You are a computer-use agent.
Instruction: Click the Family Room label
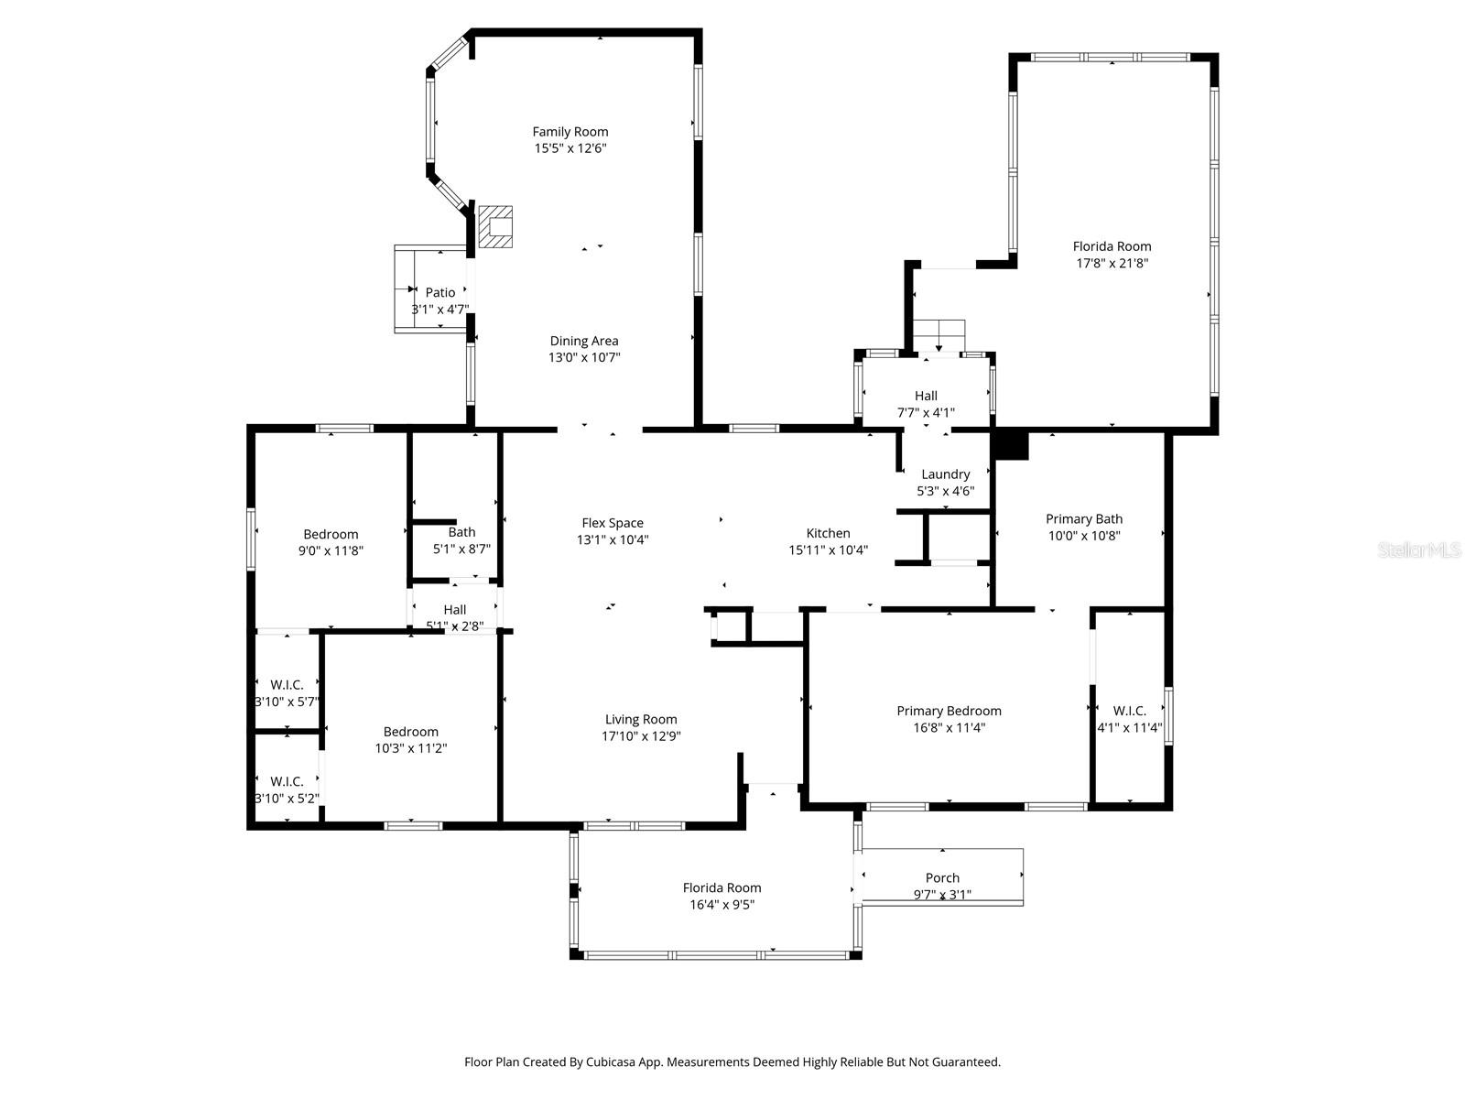[x=570, y=132]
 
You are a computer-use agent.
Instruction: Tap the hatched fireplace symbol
[x=495, y=227]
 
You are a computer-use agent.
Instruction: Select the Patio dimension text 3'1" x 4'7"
[x=440, y=310]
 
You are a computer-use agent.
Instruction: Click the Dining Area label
[x=584, y=341]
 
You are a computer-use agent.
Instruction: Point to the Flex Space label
[x=613, y=523]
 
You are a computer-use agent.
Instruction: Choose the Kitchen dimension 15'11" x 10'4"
[x=828, y=550]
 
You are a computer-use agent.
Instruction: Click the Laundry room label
[x=945, y=474]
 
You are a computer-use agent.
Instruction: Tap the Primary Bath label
[x=1084, y=518]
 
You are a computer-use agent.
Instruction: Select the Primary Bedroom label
[x=949, y=711]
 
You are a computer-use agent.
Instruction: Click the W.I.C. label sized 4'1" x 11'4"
[x=1129, y=711]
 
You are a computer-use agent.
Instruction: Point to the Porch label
[x=942, y=877]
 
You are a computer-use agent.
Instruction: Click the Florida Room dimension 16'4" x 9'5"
[x=722, y=905]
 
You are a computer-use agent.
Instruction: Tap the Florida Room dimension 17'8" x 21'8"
[x=1112, y=263]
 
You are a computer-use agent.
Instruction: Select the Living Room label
[x=641, y=719]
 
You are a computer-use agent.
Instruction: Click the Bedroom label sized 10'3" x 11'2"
[x=410, y=731]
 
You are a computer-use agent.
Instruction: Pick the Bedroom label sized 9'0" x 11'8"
[x=331, y=534]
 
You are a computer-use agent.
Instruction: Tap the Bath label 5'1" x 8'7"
[x=461, y=532]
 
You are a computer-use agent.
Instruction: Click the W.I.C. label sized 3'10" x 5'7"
[x=287, y=684]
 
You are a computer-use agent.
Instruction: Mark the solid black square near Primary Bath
[x=1011, y=445]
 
